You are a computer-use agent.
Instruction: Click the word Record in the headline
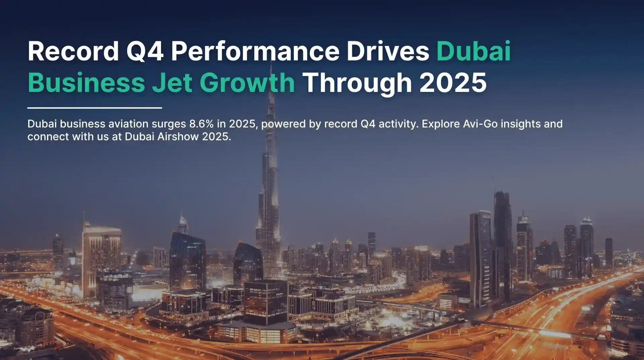[73, 51]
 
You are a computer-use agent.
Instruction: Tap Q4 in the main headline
[145, 51]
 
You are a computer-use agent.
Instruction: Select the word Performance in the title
[255, 51]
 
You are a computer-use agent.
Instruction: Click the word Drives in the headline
[387, 51]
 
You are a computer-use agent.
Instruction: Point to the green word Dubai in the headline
[473, 51]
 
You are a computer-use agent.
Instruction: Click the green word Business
[86, 83]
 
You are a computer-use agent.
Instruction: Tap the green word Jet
[172, 83]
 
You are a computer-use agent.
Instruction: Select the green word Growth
[247, 83]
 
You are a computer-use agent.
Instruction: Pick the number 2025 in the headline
[453, 83]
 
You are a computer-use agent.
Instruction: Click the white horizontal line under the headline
[95, 108]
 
